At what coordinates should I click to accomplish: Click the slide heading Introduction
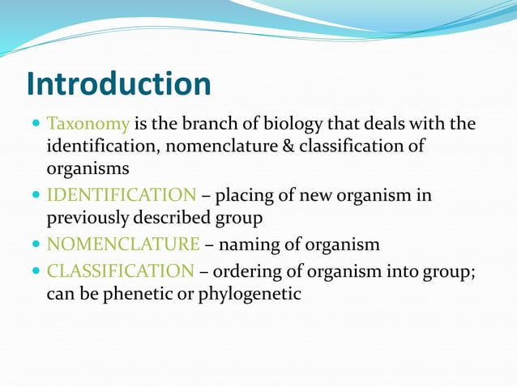(x=118, y=83)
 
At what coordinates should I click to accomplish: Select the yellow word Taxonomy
(x=88, y=125)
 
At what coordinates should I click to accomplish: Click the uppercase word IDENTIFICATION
(x=122, y=195)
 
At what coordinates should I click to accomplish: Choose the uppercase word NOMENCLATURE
(x=123, y=244)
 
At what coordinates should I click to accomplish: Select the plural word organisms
(x=86, y=170)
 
